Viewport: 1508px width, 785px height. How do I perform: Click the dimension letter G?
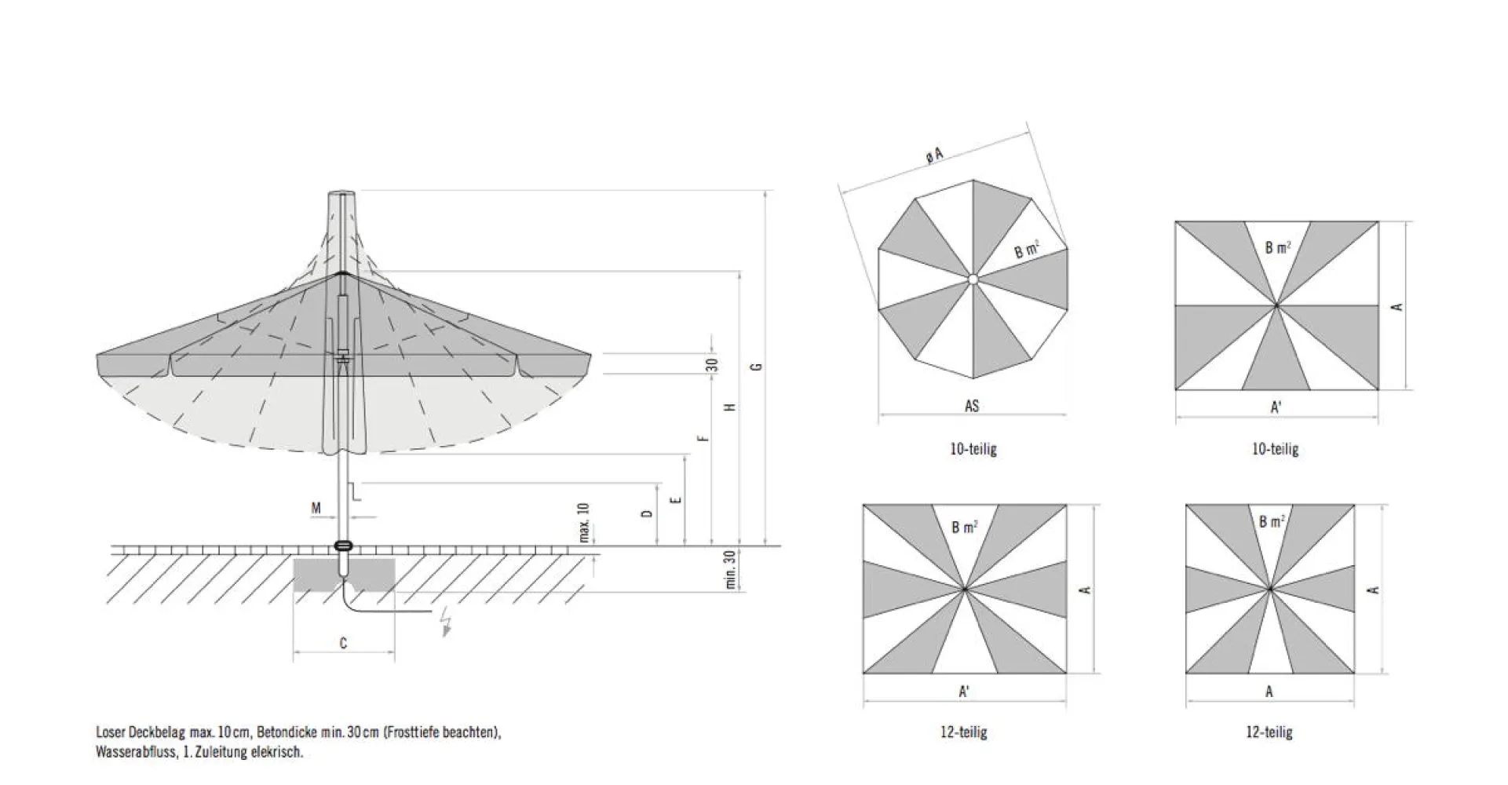(x=757, y=367)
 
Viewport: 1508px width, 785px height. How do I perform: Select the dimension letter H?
(x=730, y=407)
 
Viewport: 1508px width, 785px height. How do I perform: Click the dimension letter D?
(x=648, y=513)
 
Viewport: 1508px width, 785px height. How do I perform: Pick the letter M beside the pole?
(x=316, y=509)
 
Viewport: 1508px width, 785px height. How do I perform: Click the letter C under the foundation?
(x=343, y=644)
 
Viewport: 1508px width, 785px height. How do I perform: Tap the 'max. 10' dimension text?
(x=583, y=523)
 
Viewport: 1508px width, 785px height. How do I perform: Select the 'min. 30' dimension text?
(x=730, y=570)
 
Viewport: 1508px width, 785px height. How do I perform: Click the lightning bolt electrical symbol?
(x=447, y=620)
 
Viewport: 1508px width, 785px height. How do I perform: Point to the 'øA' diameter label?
(x=933, y=155)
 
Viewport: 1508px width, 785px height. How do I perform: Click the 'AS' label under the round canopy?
(x=972, y=406)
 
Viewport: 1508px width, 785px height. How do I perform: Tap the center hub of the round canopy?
(x=973, y=279)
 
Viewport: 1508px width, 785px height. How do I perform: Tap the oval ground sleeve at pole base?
(x=343, y=545)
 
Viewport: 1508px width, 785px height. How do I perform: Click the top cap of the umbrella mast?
(x=342, y=193)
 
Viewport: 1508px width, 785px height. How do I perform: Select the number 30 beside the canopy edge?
(x=711, y=365)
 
